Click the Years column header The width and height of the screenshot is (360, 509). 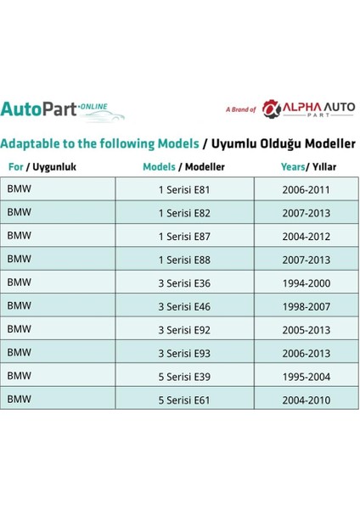click(306, 167)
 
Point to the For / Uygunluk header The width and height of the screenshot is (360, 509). click(42, 167)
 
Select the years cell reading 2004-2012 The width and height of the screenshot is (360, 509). click(306, 235)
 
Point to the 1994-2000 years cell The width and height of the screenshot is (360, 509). click(306, 282)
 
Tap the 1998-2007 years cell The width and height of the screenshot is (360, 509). click(306, 305)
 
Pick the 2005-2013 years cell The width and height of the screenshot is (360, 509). click(306, 328)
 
